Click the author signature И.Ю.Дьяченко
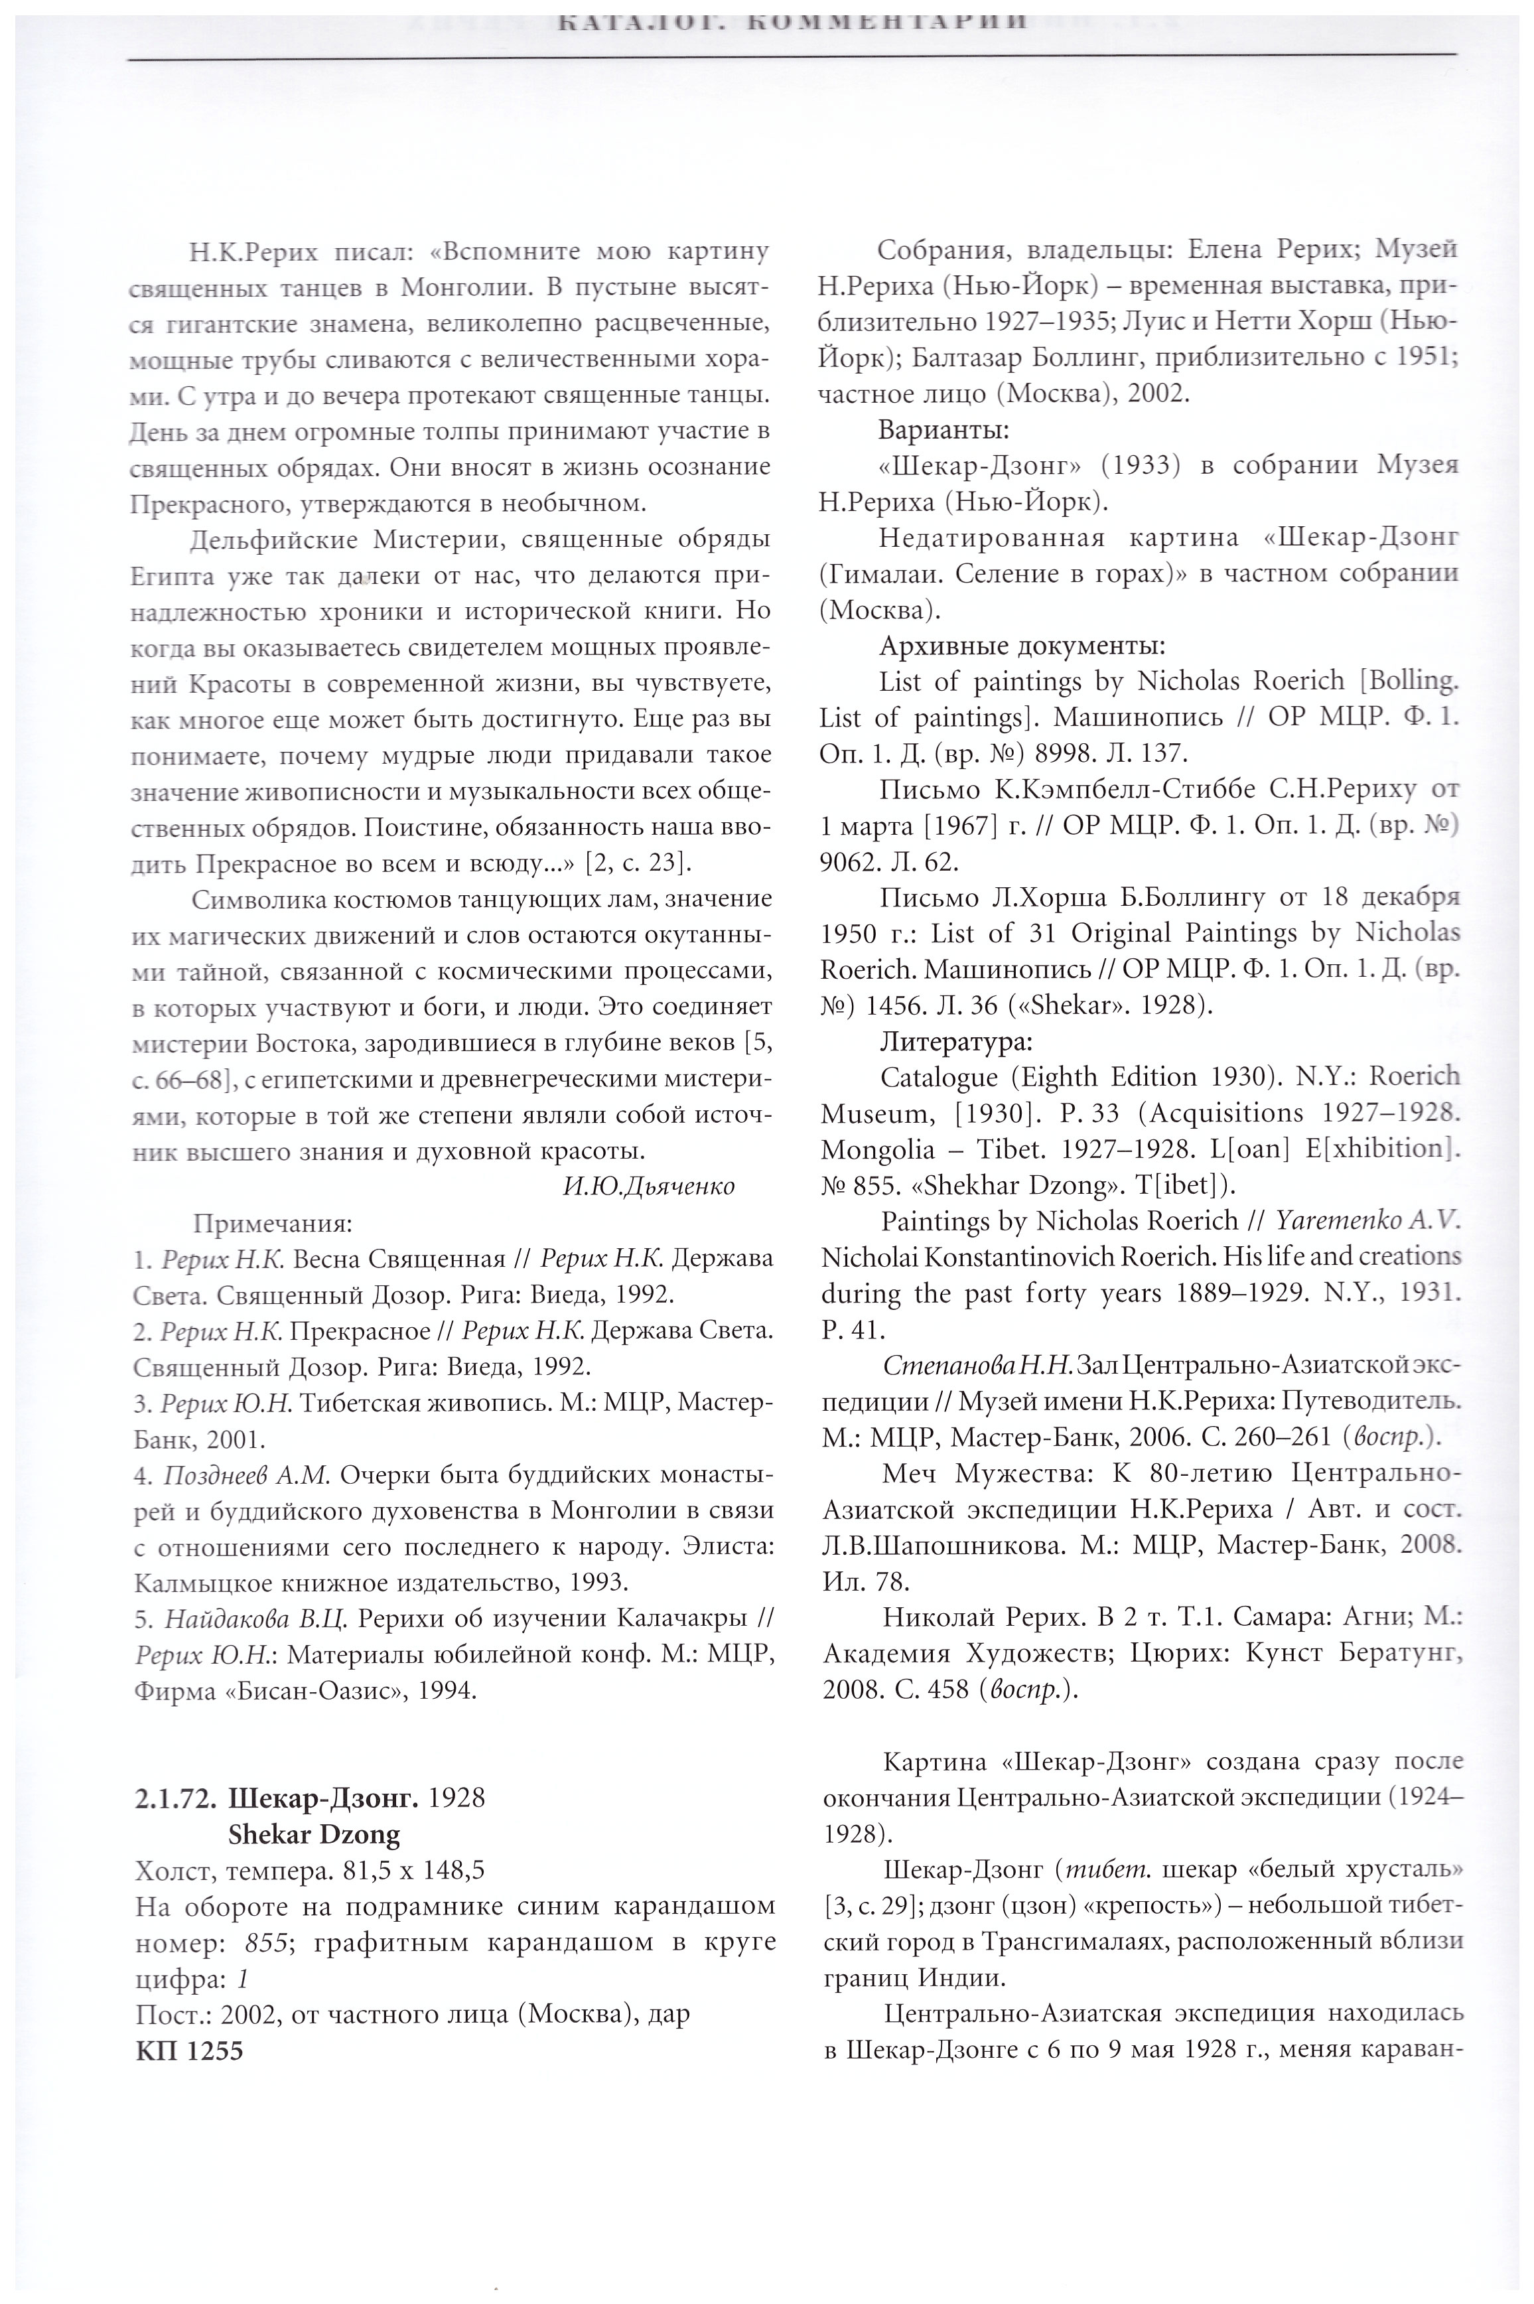(649, 1186)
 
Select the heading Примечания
(272, 1223)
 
